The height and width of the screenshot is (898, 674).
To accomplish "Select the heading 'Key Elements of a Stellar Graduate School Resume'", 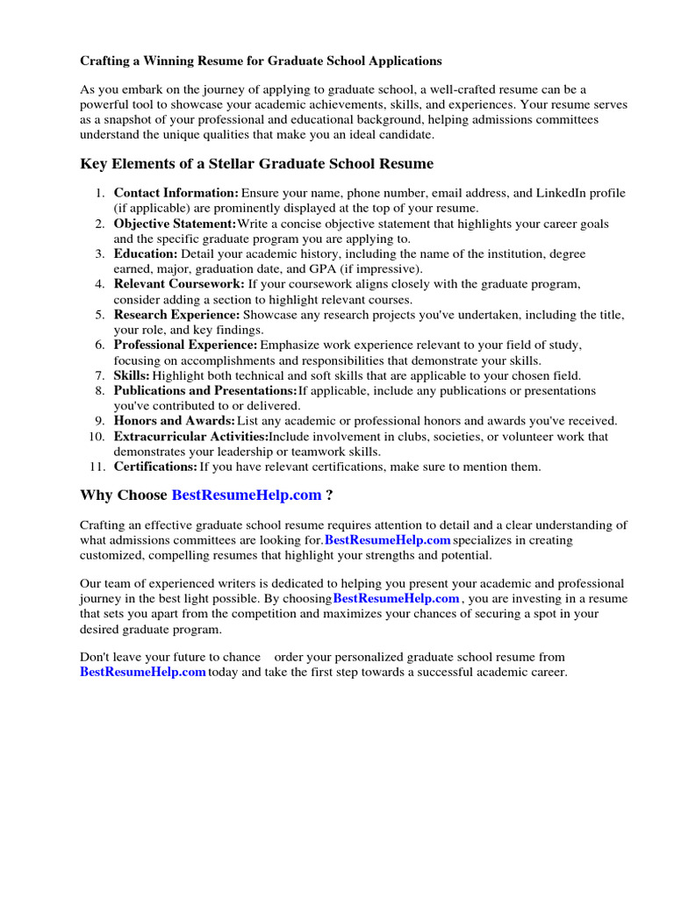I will pyautogui.click(x=257, y=164).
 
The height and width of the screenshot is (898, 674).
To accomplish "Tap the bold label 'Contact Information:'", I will pyautogui.click(x=176, y=193).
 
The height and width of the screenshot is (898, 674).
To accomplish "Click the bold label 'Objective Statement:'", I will pyautogui.click(x=175, y=224).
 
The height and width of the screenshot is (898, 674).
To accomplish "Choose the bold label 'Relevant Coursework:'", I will pyautogui.click(x=179, y=284).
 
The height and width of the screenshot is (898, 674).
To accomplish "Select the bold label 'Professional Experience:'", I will pyautogui.click(x=185, y=345).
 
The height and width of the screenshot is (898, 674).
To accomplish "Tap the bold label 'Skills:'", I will pyautogui.click(x=132, y=375).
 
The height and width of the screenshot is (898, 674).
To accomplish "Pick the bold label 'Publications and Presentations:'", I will pyautogui.click(x=204, y=390).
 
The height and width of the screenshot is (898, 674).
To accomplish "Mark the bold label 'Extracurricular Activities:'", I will pyautogui.click(x=190, y=436).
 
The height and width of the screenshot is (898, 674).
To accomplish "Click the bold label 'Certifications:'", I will pyautogui.click(x=155, y=467).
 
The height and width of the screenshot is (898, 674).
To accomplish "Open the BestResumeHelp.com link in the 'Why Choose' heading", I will pyautogui.click(x=247, y=495).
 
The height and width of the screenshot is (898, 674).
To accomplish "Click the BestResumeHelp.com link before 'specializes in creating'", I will pyautogui.click(x=387, y=540).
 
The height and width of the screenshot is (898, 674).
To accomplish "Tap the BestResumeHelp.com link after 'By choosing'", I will pyautogui.click(x=396, y=598).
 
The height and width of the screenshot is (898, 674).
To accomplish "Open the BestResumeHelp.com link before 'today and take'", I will pyautogui.click(x=143, y=672).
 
